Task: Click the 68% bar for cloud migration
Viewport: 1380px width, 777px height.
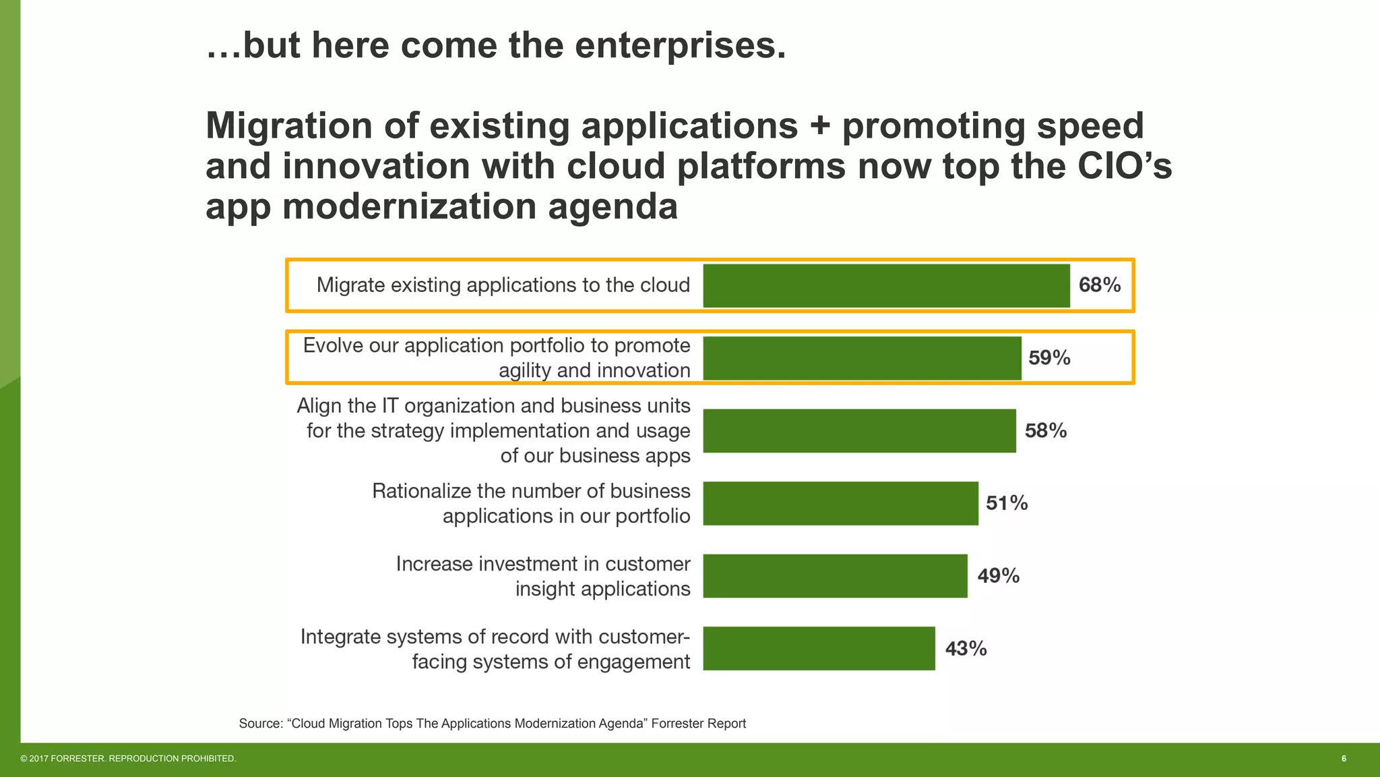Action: pos(886,286)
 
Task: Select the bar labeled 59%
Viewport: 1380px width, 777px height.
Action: pos(862,358)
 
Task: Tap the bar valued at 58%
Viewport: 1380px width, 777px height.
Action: pos(859,431)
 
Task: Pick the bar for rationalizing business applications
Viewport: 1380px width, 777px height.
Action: pos(840,503)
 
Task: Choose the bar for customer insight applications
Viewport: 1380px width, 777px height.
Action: pos(835,576)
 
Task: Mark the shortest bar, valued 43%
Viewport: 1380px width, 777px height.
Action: pos(819,648)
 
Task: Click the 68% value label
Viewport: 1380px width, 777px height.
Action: pos(1100,285)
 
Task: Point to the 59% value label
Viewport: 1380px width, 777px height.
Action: pos(1049,358)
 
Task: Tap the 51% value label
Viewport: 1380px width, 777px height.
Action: pos(1007,503)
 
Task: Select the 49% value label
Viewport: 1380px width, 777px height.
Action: pos(998,576)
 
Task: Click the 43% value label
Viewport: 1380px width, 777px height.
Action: pos(966,649)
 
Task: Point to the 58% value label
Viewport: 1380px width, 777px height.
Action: pos(1046,431)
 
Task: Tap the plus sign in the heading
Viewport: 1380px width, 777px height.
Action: pos(819,126)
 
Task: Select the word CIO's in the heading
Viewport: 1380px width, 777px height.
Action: pos(1125,166)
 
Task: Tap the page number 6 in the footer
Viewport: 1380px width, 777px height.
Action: pos(1344,759)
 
